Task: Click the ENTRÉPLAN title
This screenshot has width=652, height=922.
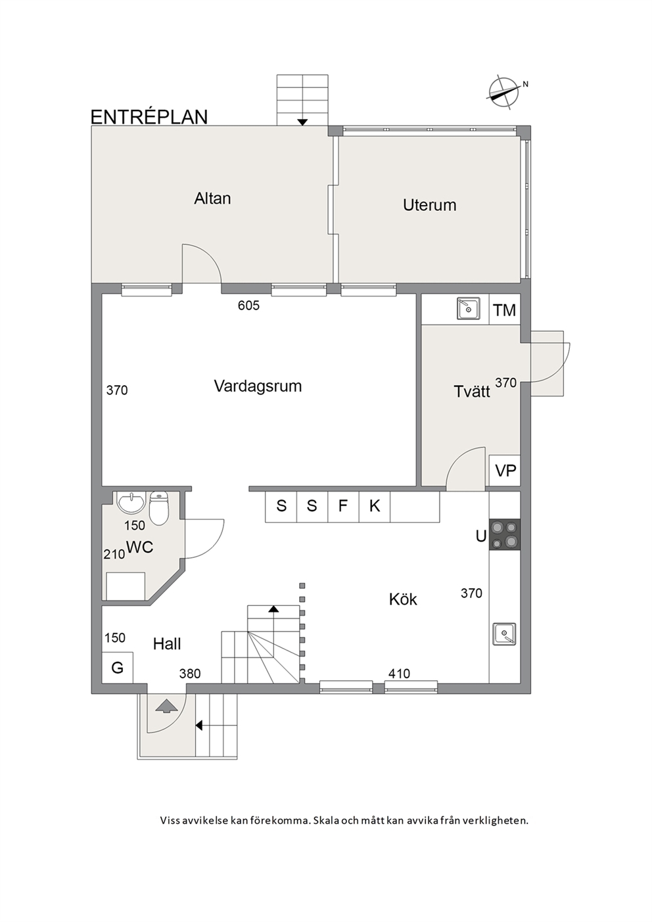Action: click(x=149, y=117)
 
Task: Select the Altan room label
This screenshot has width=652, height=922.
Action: click(x=212, y=198)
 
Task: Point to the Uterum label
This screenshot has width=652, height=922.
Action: click(x=429, y=205)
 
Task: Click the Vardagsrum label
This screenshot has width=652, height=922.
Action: click(x=258, y=386)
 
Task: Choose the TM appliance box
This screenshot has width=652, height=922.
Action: click(x=505, y=310)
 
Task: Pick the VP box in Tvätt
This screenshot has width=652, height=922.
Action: click(x=505, y=470)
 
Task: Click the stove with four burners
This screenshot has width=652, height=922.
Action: click(x=505, y=534)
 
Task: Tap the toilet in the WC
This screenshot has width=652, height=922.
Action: click(x=158, y=509)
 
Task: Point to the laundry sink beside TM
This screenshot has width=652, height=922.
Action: click(x=468, y=308)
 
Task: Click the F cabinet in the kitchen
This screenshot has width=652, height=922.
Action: click(x=343, y=506)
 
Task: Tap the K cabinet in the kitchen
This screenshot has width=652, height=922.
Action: click(x=375, y=506)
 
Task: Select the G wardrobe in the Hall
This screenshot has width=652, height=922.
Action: click(x=117, y=667)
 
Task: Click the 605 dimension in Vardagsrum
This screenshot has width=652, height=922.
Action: click(x=248, y=306)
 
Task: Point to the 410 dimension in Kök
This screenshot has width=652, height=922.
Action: click(x=399, y=674)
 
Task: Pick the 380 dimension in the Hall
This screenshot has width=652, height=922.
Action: click(x=190, y=674)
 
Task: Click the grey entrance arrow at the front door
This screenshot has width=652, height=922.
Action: click(x=167, y=706)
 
